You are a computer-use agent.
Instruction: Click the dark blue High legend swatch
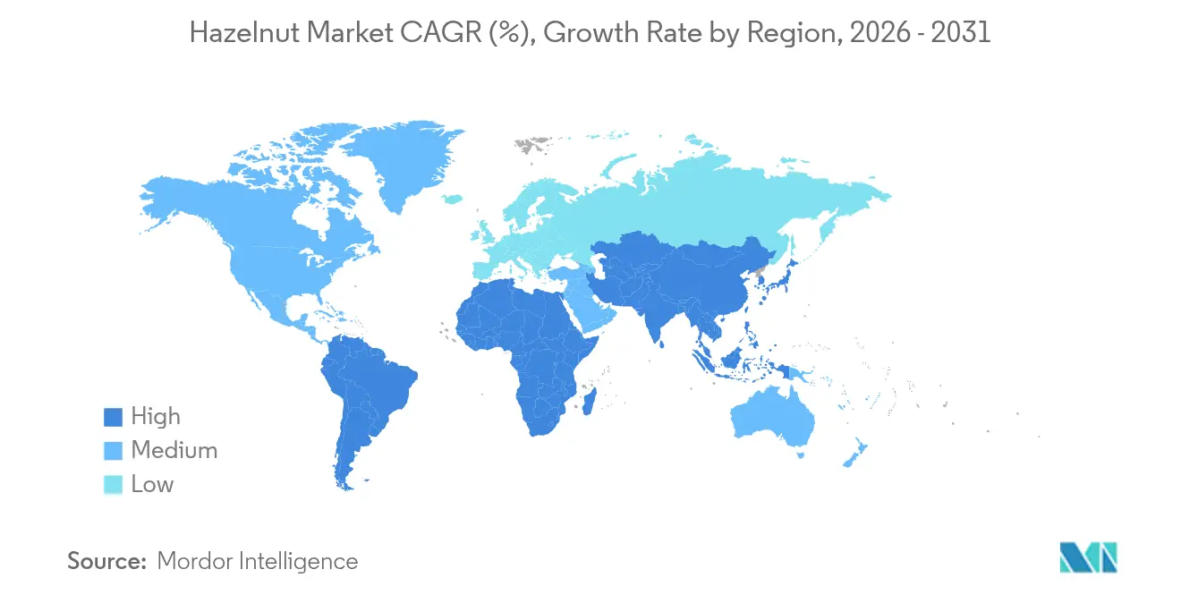pyautogui.click(x=114, y=417)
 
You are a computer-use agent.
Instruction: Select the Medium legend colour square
pyautogui.click(x=114, y=451)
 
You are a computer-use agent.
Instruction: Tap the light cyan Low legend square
pyautogui.click(x=114, y=485)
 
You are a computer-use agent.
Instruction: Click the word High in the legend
pyautogui.click(x=156, y=417)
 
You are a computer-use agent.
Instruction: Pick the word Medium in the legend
pyautogui.click(x=174, y=451)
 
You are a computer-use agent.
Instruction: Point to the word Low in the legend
pyautogui.click(x=152, y=485)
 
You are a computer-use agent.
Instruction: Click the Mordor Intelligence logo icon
pyautogui.click(x=1088, y=557)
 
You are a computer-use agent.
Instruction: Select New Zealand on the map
pyautogui.click(x=855, y=452)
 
